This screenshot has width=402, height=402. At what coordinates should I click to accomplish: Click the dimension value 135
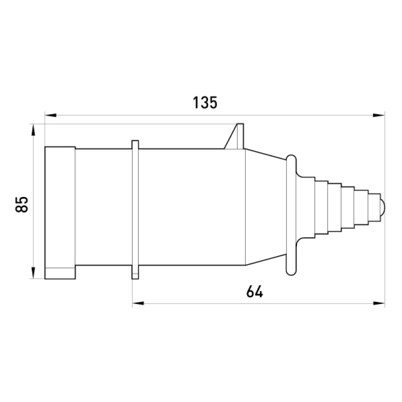205,103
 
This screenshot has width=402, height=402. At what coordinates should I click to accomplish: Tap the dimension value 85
22,205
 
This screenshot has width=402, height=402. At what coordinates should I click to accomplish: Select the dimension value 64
255,291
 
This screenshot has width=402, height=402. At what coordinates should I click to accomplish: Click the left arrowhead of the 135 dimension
51,116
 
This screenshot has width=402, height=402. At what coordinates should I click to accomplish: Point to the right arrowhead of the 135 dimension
379,116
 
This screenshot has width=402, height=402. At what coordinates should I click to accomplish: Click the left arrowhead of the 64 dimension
138,304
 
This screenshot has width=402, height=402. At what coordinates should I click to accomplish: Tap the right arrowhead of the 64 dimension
379,304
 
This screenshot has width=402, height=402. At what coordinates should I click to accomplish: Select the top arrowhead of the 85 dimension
33,130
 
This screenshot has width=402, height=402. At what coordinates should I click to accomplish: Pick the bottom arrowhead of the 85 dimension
33,273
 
